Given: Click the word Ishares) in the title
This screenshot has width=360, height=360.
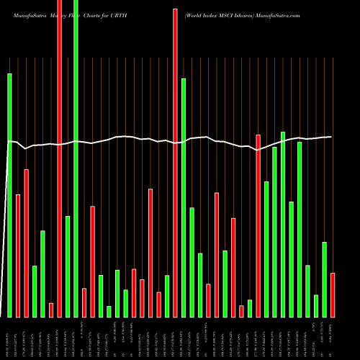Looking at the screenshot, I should click(248, 14).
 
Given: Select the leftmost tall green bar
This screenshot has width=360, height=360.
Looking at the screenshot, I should click(9, 194).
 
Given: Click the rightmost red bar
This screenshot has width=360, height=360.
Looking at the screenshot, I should click(333, 294).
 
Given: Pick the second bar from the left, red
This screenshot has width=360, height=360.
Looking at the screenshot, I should click(18, 256).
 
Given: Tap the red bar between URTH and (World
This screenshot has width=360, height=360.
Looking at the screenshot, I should click(175, 163).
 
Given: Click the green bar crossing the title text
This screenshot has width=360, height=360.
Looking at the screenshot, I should click(76, 158).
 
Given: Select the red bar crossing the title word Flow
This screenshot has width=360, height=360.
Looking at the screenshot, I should click(59, 158).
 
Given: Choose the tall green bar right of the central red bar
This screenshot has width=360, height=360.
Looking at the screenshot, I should click(184, 197).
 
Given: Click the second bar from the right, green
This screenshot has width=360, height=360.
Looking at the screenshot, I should click(324, 279).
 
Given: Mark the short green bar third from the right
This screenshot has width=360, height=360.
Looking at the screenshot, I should click(316, 305).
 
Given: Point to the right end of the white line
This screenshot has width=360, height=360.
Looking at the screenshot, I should click(332, 137).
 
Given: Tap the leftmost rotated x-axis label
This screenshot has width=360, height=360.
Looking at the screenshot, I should click(9, 338).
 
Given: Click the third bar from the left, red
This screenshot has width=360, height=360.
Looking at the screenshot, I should click(26, 243).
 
